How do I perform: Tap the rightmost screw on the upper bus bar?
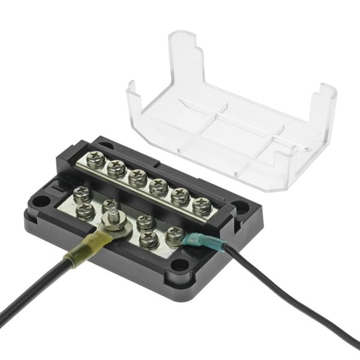tap(202, 205)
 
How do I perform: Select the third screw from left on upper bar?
tap(137, 177)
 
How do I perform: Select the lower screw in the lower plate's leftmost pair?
tap(86, 209)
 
